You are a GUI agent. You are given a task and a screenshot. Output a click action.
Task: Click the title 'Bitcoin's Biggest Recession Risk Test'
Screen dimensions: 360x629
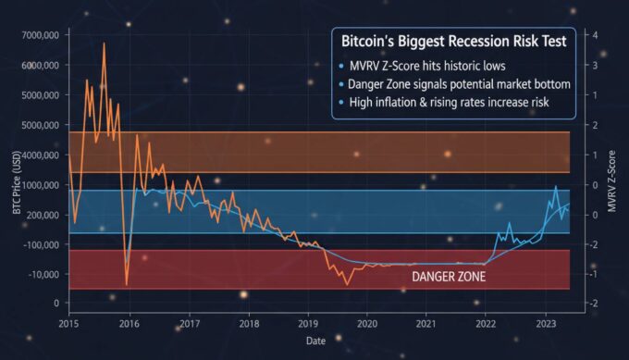pyautogui.click(x=453, y=42)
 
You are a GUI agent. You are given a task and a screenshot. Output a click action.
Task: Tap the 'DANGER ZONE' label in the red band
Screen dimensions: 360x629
pyautogui.click(x=449, y=276)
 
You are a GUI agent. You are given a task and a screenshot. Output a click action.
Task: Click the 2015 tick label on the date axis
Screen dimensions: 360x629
pyautogui.click(x=69, y=324)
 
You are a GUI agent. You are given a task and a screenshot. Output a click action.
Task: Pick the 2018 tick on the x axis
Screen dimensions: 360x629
pyautogui.click(x=248, y=324)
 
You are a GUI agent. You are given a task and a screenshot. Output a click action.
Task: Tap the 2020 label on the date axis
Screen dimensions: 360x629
pyautogui.click(x=367, y=324)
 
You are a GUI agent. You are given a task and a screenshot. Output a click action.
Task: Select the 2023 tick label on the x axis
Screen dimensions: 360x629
pyautogui.click(x=546, y=324)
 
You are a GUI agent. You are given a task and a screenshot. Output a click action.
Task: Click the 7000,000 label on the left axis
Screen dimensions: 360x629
pyautogui.click(x=40, y=35)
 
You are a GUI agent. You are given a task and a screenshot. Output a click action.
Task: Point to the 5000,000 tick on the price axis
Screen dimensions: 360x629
pyautogui.click(x=40, y=95)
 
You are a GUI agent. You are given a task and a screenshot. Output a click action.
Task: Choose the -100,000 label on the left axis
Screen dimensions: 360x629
pyautogui.click(x=40, y=244)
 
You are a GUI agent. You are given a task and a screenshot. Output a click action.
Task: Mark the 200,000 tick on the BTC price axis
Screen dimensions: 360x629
pyautogui.click(x=42, y=215)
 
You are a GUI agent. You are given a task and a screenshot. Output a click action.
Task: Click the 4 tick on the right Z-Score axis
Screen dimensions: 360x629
pyautogui.click(x=596, y=35)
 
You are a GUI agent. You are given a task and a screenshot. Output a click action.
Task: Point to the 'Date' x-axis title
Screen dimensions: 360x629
pyautogui.click(x=316, y=341)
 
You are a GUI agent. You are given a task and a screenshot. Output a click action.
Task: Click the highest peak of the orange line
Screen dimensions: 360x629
pyautogui.click(x=104, y=43)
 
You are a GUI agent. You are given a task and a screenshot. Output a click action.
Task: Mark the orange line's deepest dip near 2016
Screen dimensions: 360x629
pyautogui.click(x=127, y=284)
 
